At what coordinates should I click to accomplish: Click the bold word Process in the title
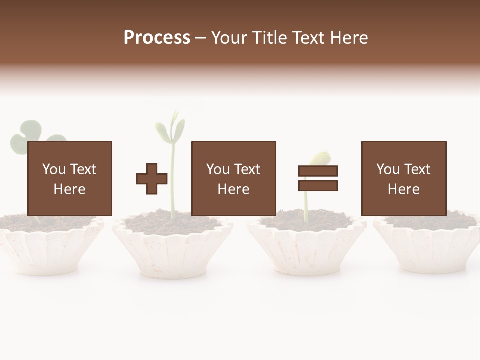(x=157, y=38)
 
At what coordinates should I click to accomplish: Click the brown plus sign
(x=152, y=179)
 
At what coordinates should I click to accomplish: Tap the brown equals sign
(x=318, y=178)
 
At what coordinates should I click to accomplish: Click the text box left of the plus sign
(x=70, y=178)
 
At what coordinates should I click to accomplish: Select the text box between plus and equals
(x=233, y=178)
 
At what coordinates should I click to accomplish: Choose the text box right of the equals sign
(x=403, y=178)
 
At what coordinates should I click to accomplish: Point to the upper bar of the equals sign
(x=318, y=171)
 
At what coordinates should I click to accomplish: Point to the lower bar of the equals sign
(x=318, y=185)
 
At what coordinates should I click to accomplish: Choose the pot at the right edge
(x=430, y=247)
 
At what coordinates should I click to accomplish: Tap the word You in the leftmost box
(x=54, y=169)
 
